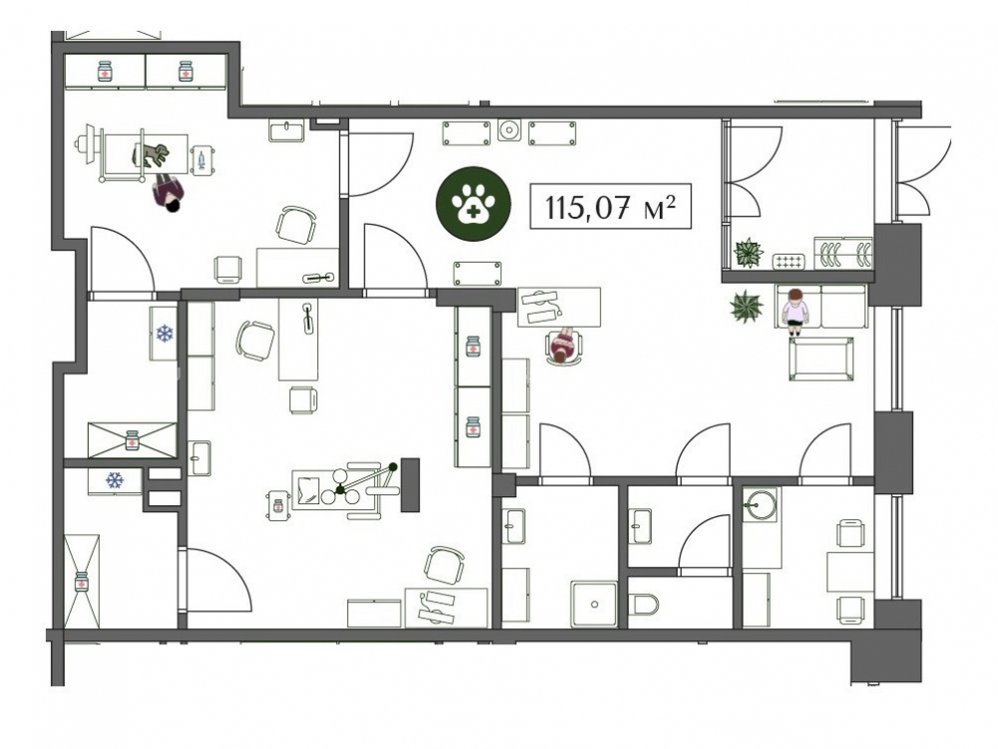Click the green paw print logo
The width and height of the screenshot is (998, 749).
click(473, 204)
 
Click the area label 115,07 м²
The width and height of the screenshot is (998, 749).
click(610, 207)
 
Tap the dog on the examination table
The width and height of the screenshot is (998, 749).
click(151, 154)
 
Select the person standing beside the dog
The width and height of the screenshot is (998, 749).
click(168, 195)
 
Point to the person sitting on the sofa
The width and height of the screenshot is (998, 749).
click(795, 311)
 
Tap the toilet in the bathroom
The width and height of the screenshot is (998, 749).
click(643, 604)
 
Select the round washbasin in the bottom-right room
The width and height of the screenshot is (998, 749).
click(759, 504)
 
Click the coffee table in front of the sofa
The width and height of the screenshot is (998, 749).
click(821, 360)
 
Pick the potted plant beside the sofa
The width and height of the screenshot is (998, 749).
click(747, 307)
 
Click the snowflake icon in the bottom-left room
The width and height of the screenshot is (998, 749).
click(114, 480)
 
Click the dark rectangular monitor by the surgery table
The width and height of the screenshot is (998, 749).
click(410, 484)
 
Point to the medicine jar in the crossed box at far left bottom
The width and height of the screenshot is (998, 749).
click(82, 582)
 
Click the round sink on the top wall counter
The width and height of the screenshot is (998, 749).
click(509, 131)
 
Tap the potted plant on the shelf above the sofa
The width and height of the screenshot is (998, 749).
click(748, 253)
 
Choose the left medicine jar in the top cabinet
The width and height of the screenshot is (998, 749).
click(105, 71)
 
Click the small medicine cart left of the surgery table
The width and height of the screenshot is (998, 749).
click(277, 505)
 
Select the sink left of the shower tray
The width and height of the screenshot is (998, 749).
click(513, 526)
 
